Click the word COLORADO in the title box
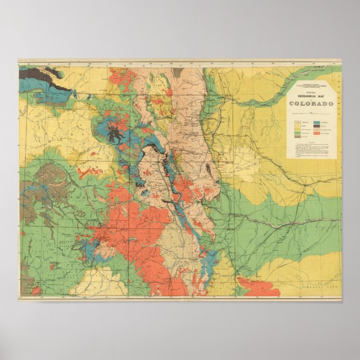(311, 103)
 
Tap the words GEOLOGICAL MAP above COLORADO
(311, 96)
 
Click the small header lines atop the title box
(311, 86)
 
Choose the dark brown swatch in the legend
(316, 126)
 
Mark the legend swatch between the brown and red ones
(316, 130)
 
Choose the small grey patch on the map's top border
(178, 72)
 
